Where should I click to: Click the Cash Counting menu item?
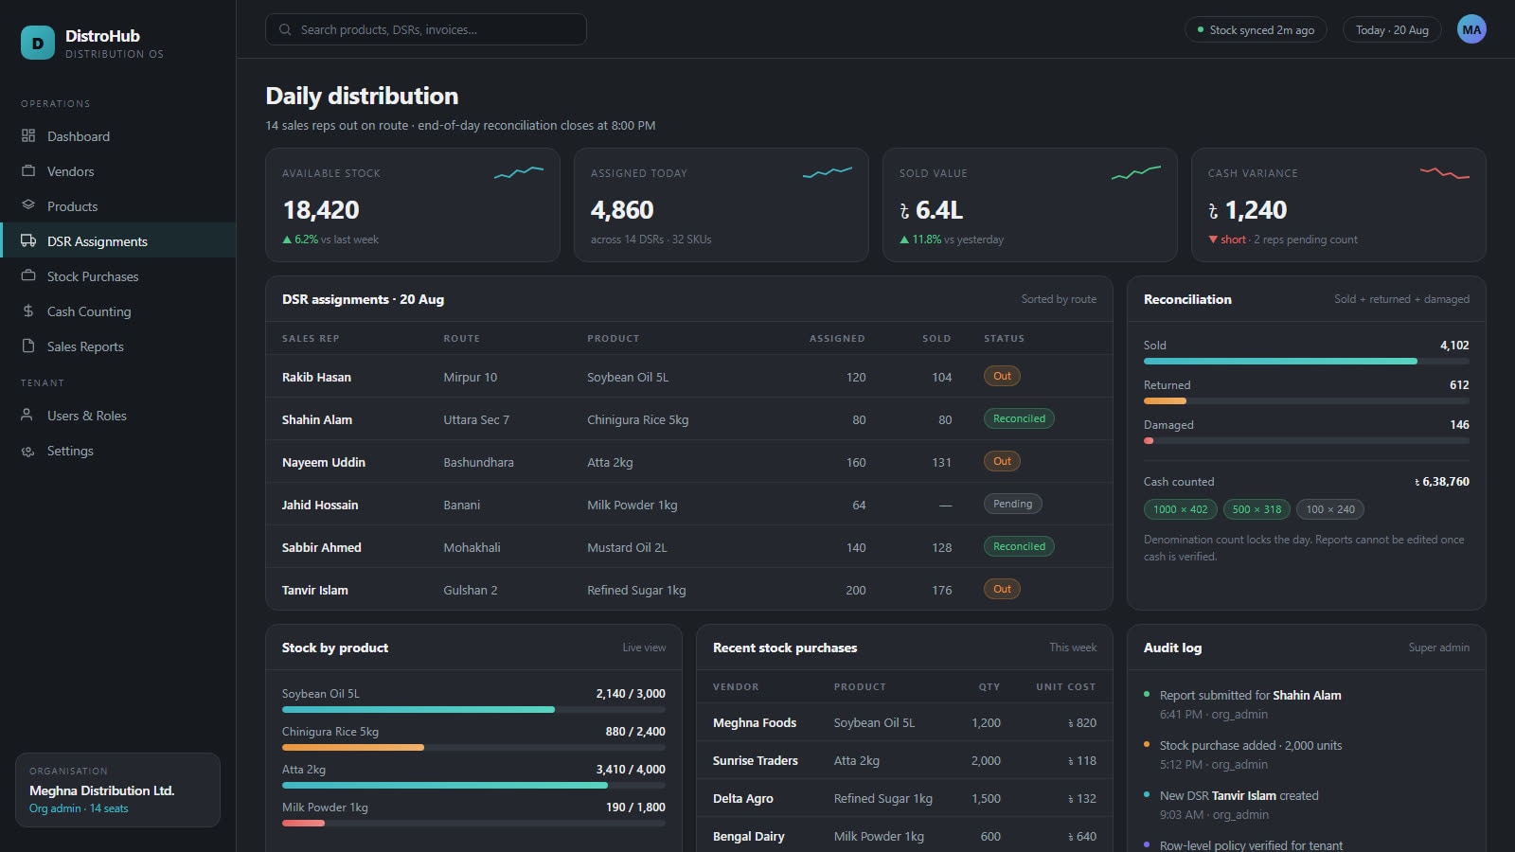(89, 311)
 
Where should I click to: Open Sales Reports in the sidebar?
(85, 346)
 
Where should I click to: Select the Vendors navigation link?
(70, 171)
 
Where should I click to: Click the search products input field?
(426, 29)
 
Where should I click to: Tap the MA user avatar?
(1471, 29)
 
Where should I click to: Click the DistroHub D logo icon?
(38, 43)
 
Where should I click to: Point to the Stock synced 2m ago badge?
(1256, 30)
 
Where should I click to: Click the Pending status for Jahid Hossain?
(1012, 504)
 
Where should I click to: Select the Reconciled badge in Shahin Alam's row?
(1019, 418)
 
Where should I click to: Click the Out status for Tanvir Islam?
(1002, 589)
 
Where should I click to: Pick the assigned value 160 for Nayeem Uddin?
(856, 463)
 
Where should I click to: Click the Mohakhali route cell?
(472, 548)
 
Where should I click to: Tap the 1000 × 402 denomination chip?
(1180, 509)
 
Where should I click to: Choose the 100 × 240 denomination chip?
(1329, 509)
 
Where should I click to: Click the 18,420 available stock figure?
(321, 210)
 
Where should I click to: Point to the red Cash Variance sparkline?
(1445, 173)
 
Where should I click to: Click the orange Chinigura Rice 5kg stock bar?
(353, 747)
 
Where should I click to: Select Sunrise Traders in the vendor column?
(755, 761)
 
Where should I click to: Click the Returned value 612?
(1459, 384)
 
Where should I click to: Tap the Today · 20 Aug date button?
(1392, 30)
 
